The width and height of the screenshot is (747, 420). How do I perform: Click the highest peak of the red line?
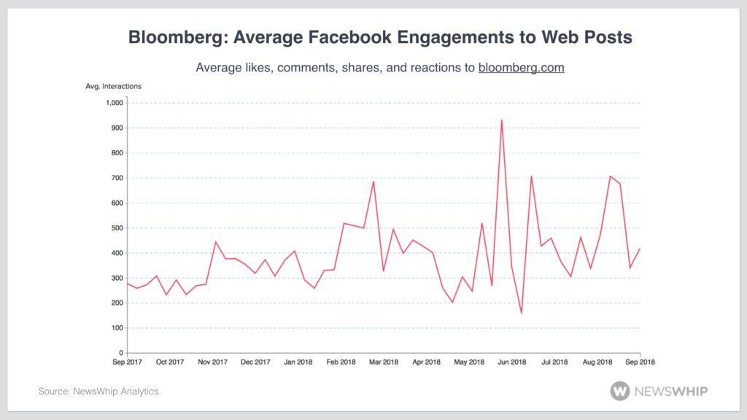pos(501,120)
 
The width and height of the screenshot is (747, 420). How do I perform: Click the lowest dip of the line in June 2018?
pos(522,313)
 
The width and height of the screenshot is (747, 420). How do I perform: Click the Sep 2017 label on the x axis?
pos(126,362)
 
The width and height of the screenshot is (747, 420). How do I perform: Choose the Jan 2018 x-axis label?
pos(298,362)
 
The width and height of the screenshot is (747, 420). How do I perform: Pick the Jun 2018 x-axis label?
pos(512,362)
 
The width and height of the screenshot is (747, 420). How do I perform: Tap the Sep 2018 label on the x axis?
pos(640,362)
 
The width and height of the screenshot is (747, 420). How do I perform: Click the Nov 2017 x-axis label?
pos(212,362)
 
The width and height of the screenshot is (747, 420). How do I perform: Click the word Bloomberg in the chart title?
pos(173,37)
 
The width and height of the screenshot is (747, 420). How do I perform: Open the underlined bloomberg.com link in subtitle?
pos(521,68)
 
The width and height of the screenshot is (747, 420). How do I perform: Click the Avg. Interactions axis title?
pos(114,86)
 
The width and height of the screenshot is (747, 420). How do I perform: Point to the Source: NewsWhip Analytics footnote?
pos(99,392)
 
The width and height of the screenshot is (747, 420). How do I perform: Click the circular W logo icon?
pos(621,392)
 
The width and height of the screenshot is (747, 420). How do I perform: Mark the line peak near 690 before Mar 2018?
pos(373,182)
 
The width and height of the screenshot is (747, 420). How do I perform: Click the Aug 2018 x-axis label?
pos(597,362)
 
